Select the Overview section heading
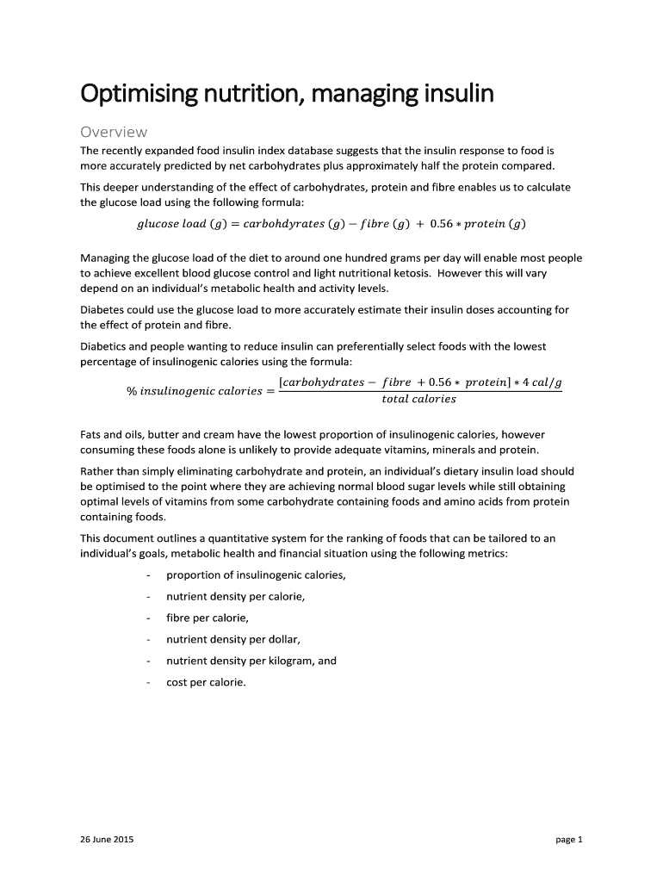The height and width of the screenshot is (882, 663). click(x=114, y=132)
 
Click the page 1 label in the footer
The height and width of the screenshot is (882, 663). click(x=569, y=839)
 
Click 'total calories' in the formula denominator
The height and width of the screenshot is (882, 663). click(x=418, y=399)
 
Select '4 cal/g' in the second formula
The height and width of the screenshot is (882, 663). click(x=540, y=382)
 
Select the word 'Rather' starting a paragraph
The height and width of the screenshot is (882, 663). click(x=97, y=472)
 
